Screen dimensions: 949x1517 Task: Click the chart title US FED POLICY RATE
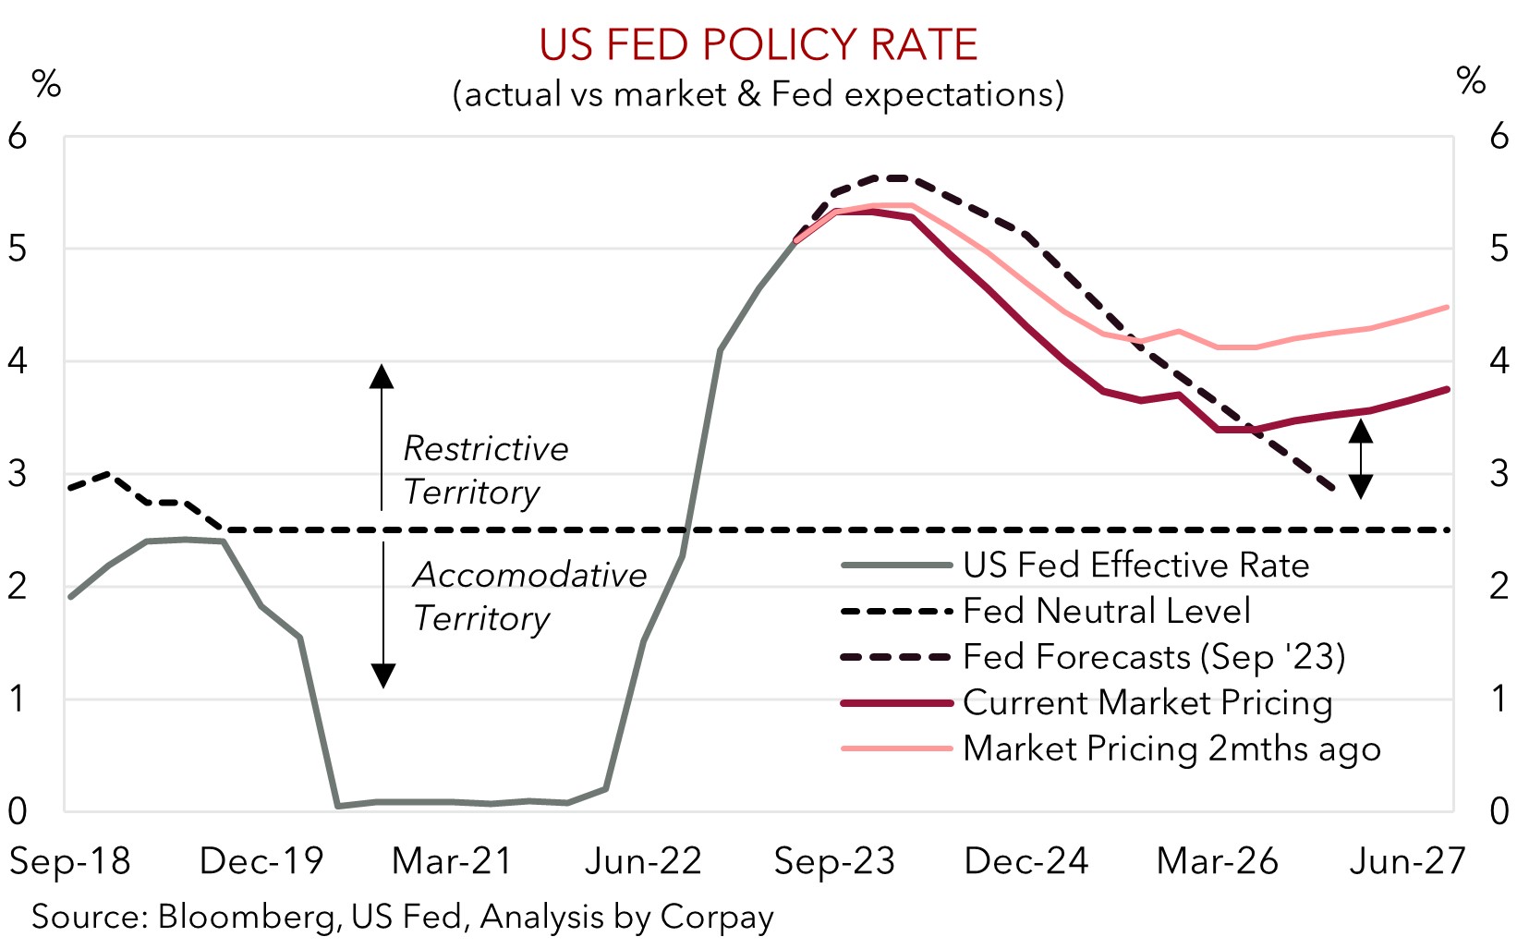[x=758, y=44]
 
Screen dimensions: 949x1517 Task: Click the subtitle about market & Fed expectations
[x=758, y=94]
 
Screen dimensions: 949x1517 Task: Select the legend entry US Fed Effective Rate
[x=1135, y=566]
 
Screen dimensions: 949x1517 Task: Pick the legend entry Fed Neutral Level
[x=1106, y=611]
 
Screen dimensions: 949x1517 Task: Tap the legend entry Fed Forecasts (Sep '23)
[x=1154, y=657]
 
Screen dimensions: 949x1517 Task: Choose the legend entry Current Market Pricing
[x=1147, y=703]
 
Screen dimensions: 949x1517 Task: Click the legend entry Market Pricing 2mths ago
[x=1171, y=748]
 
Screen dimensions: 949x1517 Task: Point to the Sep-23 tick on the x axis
[x=834, y=861]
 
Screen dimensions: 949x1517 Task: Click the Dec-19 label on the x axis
[x=261, y=861]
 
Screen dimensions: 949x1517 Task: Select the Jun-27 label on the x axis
[x=1407, y=861]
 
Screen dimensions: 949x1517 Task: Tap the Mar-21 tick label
[x=452, y=861]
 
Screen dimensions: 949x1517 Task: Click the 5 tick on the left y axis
[x=18, y=249]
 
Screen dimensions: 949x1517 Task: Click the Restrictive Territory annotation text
[x=485, y=470]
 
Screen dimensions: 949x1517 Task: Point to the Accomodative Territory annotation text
[x=528, y=596]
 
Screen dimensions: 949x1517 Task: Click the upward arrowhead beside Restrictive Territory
[x=382, y=375]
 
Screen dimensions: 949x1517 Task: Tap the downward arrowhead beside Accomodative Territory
[x=382, y=676]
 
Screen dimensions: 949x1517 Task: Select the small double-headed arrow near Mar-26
[x=1360, y=458]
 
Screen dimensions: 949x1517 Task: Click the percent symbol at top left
[x=46, y=84]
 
